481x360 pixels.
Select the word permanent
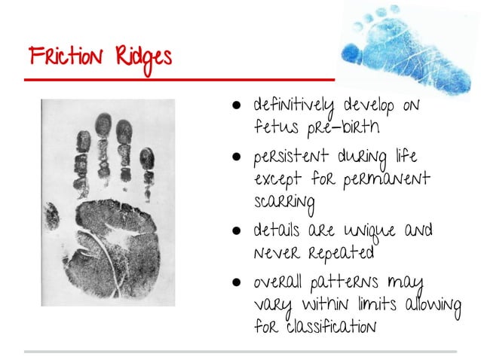click(x=384, y=180)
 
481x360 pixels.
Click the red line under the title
click(x=173, y=78)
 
